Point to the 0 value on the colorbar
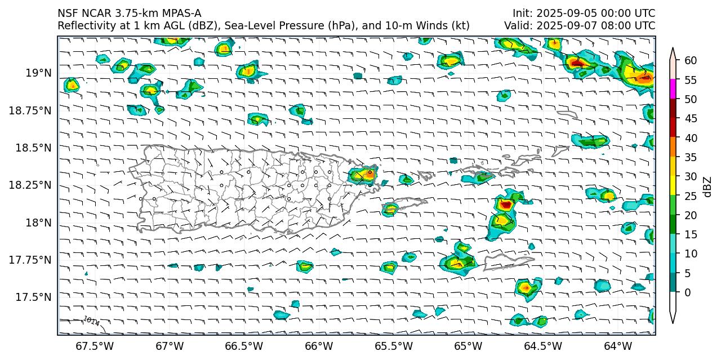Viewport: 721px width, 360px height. [x=687, y=292]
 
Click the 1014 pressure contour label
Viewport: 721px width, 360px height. [x=91, y=322]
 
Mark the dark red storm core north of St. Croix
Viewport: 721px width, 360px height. [x=506, y=205]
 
